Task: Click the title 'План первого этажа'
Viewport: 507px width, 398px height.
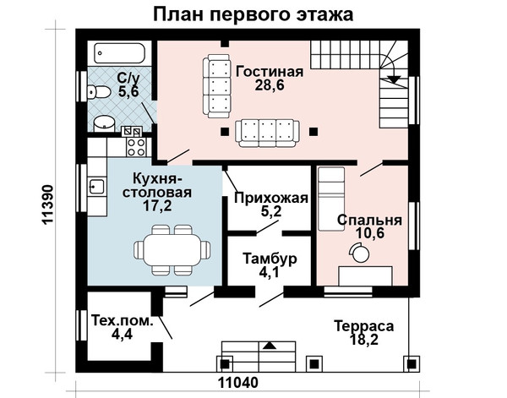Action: point(253,15)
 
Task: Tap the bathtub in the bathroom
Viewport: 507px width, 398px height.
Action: point(119,53)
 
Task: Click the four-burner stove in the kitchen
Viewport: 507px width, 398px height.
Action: point(136,147)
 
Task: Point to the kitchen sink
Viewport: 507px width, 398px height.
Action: point(96,187)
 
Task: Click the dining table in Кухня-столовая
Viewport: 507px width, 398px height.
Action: point(172,250)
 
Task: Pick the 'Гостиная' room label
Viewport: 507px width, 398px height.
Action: point(270,72)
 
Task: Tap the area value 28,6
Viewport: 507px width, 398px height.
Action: point(270,85)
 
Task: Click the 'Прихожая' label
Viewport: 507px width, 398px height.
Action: point(271,198)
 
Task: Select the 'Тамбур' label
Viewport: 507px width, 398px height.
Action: point(270,259)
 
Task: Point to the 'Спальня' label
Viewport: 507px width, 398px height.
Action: point(369,220)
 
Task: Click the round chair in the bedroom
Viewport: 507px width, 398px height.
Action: point(360,253)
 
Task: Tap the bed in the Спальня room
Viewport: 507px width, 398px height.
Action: point(331,199)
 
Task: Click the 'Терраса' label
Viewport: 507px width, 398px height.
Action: point(363,326)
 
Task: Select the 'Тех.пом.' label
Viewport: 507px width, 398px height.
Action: point(122,321)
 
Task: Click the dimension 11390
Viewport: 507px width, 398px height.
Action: point(47,204)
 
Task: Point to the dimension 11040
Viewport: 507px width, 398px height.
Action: point(238,383)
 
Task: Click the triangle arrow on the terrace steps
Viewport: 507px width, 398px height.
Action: point(270,346)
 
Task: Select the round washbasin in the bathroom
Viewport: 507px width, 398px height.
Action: point(104,123)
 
